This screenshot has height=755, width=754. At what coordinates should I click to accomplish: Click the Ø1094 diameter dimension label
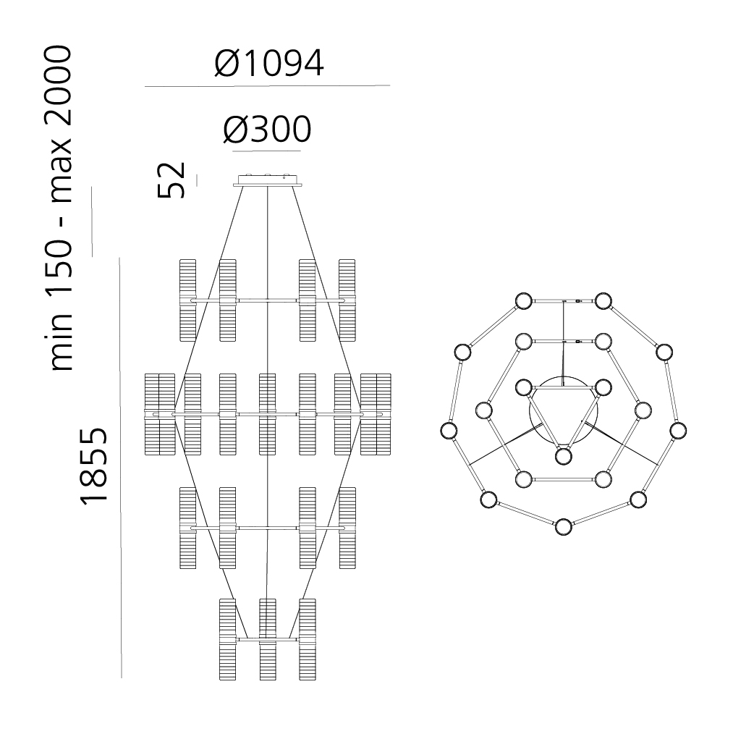coord(268,64)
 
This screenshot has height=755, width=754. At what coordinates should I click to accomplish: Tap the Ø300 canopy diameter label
coord(267,129)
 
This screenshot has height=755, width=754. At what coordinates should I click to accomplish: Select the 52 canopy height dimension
coord(171,180)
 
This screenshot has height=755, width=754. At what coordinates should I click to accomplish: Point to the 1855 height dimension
coord(93,466)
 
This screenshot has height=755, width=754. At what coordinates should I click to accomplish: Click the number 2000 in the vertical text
coord(59,91)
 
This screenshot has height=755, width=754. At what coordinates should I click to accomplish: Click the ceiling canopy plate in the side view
coord(267,181)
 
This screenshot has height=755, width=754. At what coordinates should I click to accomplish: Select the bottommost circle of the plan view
coord(564,527)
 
